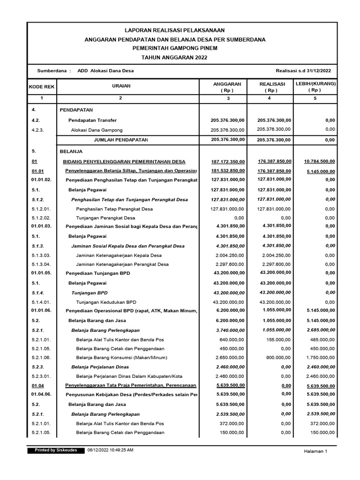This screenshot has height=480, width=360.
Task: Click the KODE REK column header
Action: pyautogui.click(x=42, y=87)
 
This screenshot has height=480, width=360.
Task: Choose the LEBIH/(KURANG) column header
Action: pyautogui.click(x=315, y=86)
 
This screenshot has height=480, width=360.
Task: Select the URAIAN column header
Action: pyautogui.click(x=121, y=86)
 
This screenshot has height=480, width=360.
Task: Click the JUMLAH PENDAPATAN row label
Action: pyautogui.click(x=121, y=140)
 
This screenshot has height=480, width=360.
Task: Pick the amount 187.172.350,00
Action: pyautogui.click(x=228, y=162)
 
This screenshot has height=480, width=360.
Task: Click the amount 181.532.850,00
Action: pyautogui.click(x=228, y=171)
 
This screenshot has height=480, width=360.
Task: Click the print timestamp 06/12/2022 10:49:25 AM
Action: pyautogui.click(x=110, y=450)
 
